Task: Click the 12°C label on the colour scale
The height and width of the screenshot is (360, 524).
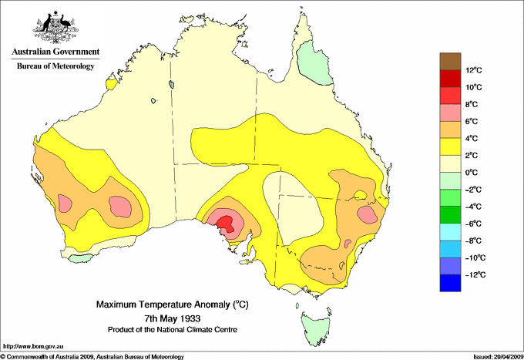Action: pyautogui.click(x=473, y=70)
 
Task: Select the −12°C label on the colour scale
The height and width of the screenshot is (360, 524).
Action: pyautogui.click(x=472, y=274)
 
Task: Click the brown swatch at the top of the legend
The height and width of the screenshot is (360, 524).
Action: pyautogui.click(x=450, y=62)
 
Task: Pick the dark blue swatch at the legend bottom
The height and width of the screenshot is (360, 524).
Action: pyautogui.click(x=450, y=283)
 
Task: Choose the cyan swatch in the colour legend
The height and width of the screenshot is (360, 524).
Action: pyautogui.click(x=450, y=232)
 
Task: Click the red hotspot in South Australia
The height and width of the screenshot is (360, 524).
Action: pyautogui.click(x=226, y=224)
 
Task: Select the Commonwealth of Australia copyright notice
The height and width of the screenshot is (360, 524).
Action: pyautogui.click(x=92, y=356)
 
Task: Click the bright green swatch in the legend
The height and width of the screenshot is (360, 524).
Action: pyautogui.click(x=450, y=215)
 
